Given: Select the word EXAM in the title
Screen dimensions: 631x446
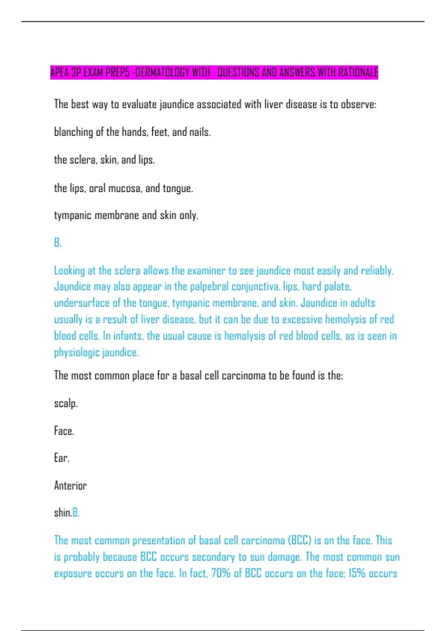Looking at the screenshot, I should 93,72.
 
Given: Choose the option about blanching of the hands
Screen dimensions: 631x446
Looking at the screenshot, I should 132,132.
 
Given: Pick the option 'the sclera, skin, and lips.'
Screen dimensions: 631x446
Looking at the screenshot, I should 104,160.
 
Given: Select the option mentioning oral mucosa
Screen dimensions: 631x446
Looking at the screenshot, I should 123,188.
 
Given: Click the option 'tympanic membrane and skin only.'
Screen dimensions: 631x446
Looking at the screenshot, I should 126,215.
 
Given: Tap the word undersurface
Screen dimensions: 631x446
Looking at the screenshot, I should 82,303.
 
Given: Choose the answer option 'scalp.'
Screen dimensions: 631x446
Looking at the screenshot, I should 66,403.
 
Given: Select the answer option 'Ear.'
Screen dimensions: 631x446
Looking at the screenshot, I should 62,458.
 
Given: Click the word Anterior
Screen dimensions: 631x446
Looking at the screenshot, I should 70,485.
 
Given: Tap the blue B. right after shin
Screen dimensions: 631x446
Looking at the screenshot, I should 76,513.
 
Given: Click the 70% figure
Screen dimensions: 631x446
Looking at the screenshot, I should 221,573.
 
